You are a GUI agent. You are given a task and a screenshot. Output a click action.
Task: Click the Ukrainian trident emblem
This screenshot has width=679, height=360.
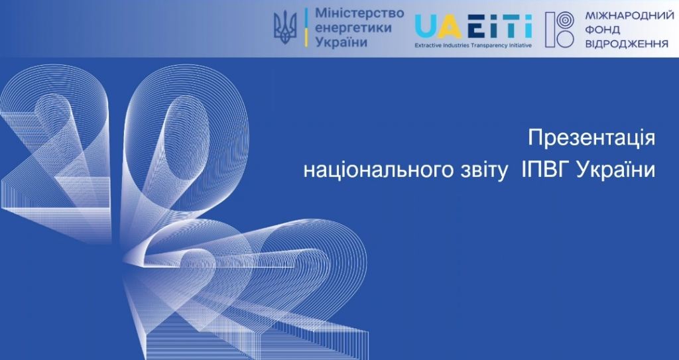tap(285, 27)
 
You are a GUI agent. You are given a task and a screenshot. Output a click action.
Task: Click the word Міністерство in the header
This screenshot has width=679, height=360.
tap(359, 13)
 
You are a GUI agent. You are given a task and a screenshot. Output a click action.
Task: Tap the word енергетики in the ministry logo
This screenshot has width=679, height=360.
tap(353, 28)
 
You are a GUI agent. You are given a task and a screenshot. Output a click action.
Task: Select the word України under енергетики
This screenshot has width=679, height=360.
tap(341, 42)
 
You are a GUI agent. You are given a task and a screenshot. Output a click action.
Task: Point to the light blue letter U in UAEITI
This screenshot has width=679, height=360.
tap(426, 27)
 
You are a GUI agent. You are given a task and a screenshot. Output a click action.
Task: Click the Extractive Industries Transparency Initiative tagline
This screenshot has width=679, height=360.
tap(473, 44)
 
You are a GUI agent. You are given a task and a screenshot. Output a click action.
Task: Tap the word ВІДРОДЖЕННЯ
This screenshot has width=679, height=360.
tap(627, 44)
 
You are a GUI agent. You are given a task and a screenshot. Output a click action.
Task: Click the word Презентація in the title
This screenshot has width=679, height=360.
tap(591, 138)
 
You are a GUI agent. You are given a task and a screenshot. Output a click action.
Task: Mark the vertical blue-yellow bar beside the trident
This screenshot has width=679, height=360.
tap(306, 27)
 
